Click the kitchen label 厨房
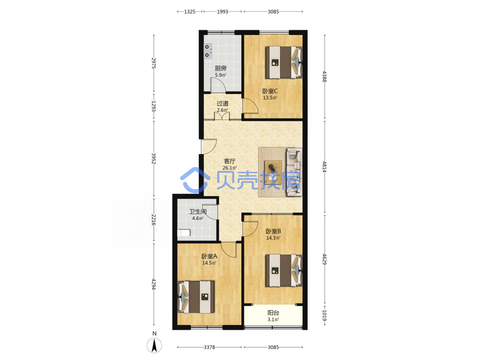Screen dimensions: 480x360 (x=220, y=68)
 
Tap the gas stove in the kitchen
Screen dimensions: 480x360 (x=208, y=51)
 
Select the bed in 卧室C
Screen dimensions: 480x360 (x=284, y=62)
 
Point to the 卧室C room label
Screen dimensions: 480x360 (x=270, y=91)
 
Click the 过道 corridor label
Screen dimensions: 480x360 (x=223, y=104)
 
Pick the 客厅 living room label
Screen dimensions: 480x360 (x=229, y=161)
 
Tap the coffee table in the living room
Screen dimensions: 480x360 (x=273, y=172)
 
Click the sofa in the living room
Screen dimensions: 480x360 (x=294, y=172)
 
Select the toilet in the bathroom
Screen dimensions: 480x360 (x=184, y=233)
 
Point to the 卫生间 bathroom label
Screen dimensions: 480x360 (x=198, y=212)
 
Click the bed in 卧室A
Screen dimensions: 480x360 (x=196, y=297)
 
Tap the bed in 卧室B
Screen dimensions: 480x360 (x=284, y=270)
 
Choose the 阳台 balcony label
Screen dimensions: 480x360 (x=274, y=313)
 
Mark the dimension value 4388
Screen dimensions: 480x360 (x=324, y=76)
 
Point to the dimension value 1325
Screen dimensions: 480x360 (x=190, y=12)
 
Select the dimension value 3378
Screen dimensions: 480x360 (x=209, y=347)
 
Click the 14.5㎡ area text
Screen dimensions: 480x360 (x=209, y=263)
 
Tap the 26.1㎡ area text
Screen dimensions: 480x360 (x=229, y=168)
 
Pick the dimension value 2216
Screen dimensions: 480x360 (x=154, y=220)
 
